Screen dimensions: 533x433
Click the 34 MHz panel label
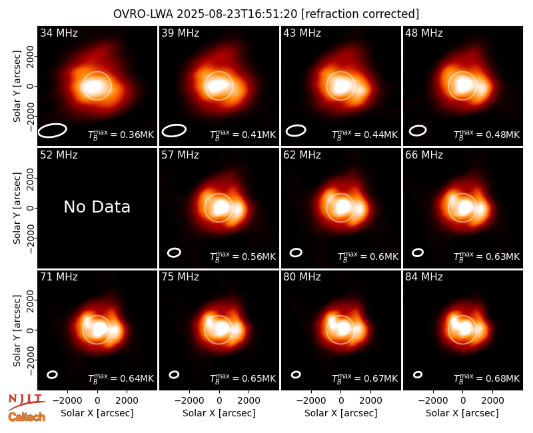pyautogui.click(x=59, y=33)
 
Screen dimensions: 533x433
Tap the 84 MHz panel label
pyautogui.click(x=424, y=277)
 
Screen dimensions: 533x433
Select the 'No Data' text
pyautogui.click(x=97, y=207)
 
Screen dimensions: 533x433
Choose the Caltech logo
pyautogui.click(x=27, y=417)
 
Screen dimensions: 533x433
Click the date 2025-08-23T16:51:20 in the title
pyautogui.click(x=237, y=14)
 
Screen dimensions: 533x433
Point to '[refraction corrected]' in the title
pyautogui.click(x=360, y=14)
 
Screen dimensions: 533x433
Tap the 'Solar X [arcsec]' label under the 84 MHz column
pyautogui.click(x=462, y=413)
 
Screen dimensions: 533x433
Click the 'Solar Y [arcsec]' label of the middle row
pyautogui.click(x=17, y=208)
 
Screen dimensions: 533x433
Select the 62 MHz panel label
pyautogui.click(x=302, y=155)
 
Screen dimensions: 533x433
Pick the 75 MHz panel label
pyautogui.click(x=180, y=277)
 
